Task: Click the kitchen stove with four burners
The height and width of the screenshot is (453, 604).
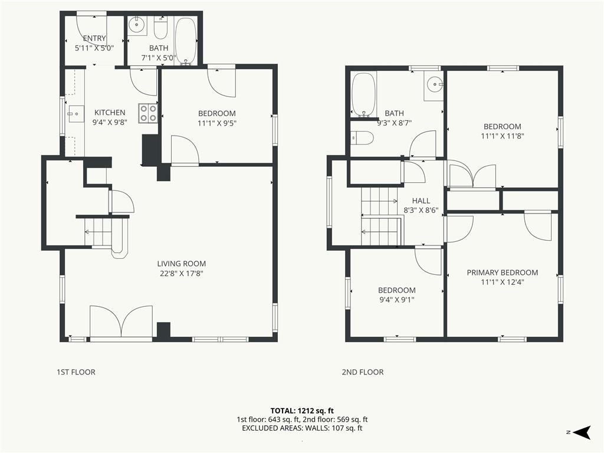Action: coord(148,113)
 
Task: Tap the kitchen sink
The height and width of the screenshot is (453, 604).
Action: coord(76,114)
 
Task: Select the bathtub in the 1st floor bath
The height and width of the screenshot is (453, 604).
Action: coord(186,41)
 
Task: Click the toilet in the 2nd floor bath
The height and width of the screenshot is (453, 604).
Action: coord(362,138)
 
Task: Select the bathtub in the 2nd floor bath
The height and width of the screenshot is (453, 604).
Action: coord(363,94)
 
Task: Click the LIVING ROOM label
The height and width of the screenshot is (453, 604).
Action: coord(182,264)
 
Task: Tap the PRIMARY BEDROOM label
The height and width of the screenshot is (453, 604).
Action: coord(503,273)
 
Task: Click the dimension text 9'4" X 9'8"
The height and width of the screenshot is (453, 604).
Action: coord(110,122)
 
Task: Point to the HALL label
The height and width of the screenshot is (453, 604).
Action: coord(421,201)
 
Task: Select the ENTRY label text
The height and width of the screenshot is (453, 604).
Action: coord(94,38)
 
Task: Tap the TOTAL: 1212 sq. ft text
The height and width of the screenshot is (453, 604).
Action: coord(302,411)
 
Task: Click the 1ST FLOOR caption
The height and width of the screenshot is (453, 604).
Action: coord(76,372)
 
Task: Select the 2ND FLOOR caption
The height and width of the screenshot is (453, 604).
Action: coord(363,372)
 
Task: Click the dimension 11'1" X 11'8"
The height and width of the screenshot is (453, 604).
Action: coord(503,136)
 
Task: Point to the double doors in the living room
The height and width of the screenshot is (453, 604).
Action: coord(121,321)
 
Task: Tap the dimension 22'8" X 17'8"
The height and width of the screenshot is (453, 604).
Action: coord(182,274)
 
